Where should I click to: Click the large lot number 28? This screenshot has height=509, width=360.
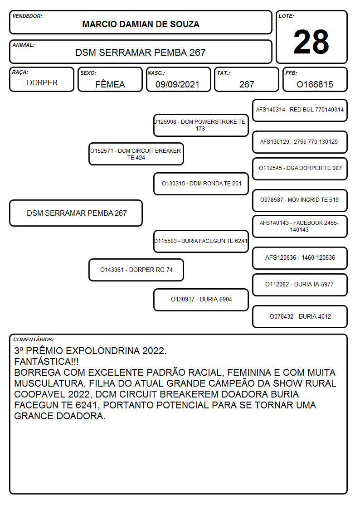pos(311,42)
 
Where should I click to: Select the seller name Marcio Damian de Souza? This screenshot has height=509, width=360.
pos(141,24)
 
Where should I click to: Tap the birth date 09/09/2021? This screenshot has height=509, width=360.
pos(177,84)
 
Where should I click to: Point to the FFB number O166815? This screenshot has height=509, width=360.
pos(315,84)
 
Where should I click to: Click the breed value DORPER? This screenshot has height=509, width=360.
pos(42,83)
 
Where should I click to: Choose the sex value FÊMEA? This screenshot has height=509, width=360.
pos(110,84)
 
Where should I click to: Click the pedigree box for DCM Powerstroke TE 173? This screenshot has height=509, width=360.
pos(201,125)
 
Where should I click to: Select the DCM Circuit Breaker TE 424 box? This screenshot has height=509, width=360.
pos(136,154)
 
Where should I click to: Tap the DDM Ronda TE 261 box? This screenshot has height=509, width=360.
pos(201,184)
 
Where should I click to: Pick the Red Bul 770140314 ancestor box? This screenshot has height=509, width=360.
pos(300,111)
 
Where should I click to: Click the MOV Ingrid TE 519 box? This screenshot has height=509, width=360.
pos(300,200)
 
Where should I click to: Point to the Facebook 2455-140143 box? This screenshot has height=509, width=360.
pos(300,227)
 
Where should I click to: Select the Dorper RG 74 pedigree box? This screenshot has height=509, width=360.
pos(136,270)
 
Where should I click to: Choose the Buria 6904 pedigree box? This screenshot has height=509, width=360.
pos(201,300)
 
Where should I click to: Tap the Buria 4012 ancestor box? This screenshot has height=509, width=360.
pos(300,317)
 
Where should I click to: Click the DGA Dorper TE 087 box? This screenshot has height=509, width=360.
pos(300,169)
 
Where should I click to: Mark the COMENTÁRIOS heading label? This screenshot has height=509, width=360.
pos(34,339)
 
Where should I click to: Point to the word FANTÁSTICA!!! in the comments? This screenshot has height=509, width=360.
pos(46,362)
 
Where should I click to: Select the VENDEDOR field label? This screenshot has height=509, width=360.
pos(27,16)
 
